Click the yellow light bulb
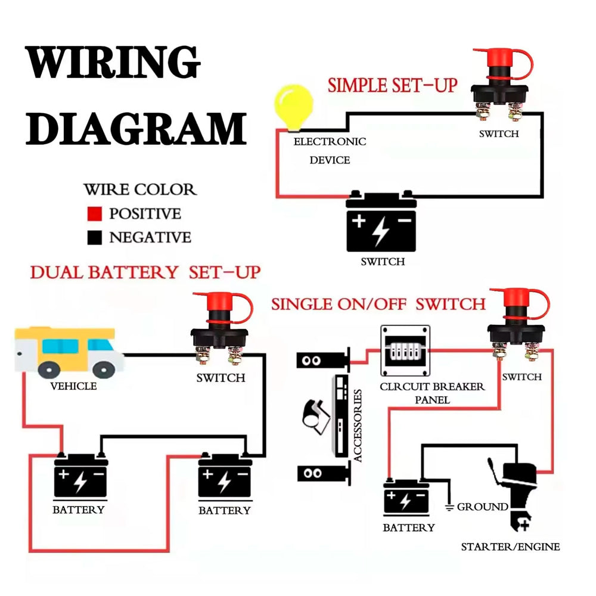click(293, 108)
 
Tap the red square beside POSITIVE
click(95, 213)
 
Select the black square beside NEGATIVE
click(95, 238)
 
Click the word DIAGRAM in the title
click(136, 129)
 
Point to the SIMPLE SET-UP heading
click(392, 85)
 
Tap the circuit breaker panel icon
click(405, 350)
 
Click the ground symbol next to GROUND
click(449, 507)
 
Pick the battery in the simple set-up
click(381, 221)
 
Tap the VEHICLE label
click(73, 386)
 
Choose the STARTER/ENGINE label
click(510, 547)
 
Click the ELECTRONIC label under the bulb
click(330, 142)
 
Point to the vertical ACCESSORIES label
click(357, 426)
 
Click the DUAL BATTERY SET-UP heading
click(145, 272)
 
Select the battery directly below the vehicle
click(80, 475)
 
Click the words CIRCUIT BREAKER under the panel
click(432, 387)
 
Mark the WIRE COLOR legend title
click(140, 190)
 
